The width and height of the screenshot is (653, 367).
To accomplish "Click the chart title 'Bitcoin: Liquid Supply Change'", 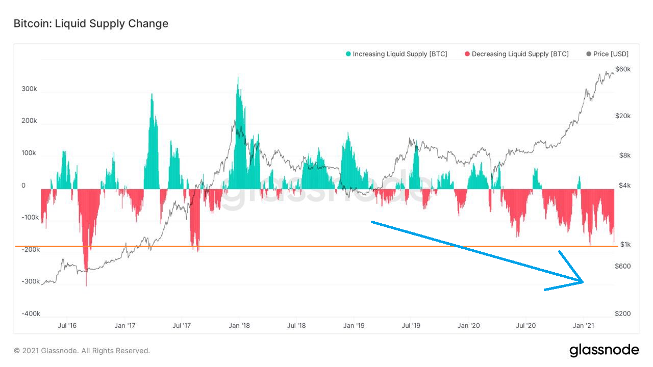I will [91, 23].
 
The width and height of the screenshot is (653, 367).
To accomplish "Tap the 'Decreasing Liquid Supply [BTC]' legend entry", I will [516, 54].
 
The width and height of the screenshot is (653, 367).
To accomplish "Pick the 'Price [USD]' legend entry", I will [608, 54].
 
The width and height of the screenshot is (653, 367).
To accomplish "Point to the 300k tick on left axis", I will [29, 89].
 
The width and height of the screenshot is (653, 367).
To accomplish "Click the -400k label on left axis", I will [31, 313].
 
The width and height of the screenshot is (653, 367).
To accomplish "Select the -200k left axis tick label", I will [31, 250].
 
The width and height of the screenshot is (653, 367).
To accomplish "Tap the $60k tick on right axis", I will [623, 69].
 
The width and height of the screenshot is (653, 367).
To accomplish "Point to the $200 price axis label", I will [623, 313].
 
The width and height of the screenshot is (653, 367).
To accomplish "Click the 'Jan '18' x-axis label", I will [239, 325].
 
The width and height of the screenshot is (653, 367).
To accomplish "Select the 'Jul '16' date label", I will [67, 325].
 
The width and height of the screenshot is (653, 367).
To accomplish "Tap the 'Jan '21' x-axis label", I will [583, 325].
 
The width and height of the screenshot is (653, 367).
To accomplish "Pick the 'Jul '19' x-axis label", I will [411, 325].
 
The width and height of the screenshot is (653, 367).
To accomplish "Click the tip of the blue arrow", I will [583, 281].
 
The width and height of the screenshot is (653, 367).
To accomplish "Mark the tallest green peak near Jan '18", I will [238, 77].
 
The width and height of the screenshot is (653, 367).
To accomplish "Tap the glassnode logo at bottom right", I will [604, 350].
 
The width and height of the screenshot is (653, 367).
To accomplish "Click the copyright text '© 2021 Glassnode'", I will [82, 351].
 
